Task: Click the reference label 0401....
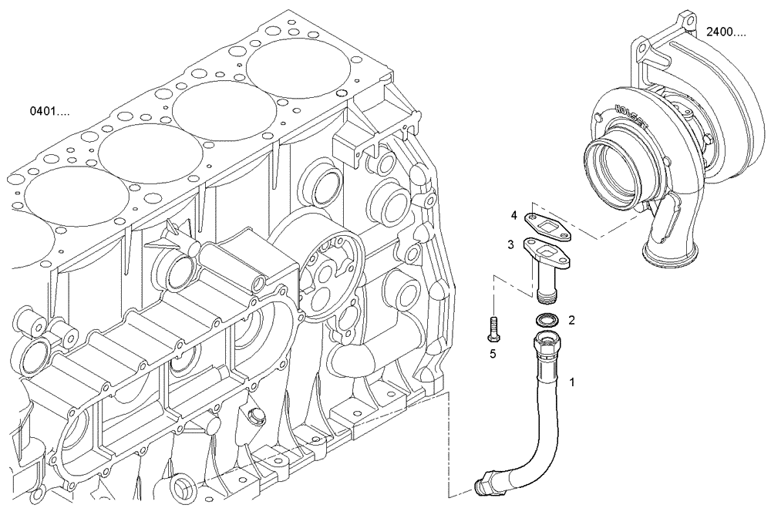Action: click(x=49, y=111)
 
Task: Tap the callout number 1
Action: click(x=571, y=382)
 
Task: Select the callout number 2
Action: click(x=571, y=319)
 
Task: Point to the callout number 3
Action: click(x=510, y=244)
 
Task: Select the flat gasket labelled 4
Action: click(x=547, y=225)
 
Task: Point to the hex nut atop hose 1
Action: click(x=546, y=341)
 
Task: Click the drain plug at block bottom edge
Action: click(x=184, y=487)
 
